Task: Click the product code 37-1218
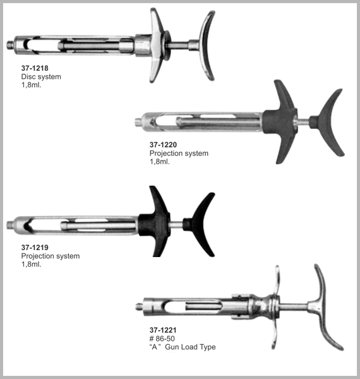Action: pos(35,68)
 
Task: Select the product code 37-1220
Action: pos(163,145)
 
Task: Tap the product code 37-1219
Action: pos(35,248)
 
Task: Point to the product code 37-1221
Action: pos(163,330)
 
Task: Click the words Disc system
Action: pos(41,77)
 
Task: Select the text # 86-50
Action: pos(162,339)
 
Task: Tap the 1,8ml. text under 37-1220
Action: pos(159,162)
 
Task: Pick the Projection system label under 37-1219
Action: pos(51,256)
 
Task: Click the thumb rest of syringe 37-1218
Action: pos(205,46)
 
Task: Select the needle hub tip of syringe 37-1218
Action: pos(10,45)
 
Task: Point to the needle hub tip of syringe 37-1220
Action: pos(138,121)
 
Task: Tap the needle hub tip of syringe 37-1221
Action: pos(139,307)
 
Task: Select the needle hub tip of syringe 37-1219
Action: pos(9,225)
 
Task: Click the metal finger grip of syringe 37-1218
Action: pos(157,45)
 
